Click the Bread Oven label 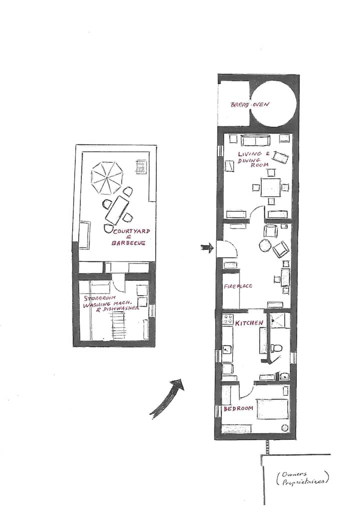[x=249, y=104]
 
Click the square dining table [x=270, y=187]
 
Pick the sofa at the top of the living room [x=255, y=140]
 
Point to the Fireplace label [x=238, y=286]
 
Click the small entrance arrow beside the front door [x=207, y=248]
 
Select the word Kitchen [x=249, y=323]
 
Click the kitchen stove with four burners [x=227, y=318]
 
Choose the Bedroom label [x=238, y=408]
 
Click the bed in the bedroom [x=272, y=409]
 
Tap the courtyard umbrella [x=106, y=177]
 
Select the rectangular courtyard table [x=117, y=210]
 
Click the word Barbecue [x=128, y=243]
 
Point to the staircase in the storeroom [x=118, y=325]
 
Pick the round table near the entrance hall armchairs [x=264, y=245]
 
